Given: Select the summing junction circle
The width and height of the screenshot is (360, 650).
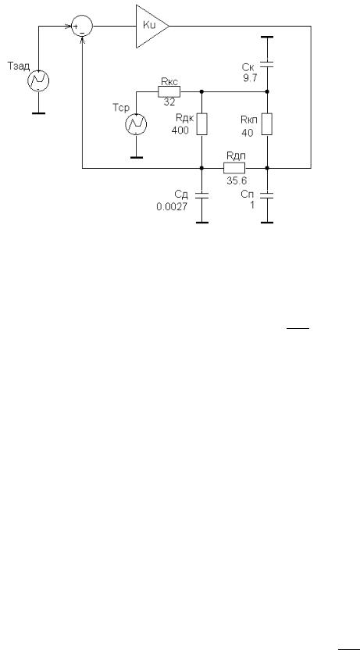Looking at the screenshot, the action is (x=83, y=26).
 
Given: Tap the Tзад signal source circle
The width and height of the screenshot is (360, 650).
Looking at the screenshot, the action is (x=38, y=80).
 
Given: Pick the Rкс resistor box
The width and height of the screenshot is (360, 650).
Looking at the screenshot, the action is (x=169, y=91).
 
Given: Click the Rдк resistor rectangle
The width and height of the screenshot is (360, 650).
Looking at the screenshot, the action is (x=201, y=124).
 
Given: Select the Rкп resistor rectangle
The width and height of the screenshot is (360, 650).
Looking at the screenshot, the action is (x=267, y=124).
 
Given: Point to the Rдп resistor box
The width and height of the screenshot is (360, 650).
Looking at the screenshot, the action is (x=234, y=168).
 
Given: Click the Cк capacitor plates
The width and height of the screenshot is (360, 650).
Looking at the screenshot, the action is (x=267, y=64).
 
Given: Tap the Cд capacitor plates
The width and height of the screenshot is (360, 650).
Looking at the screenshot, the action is (x=201, y=195).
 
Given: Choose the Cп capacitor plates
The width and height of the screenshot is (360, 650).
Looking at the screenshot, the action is (x=267, y=195).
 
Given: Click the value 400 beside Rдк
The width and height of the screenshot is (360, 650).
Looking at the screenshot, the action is (x=180, y=130).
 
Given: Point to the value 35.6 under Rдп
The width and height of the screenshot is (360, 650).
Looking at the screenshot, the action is (x=234, y=180).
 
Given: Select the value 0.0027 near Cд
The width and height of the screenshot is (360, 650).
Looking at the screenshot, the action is (x=172, y=206).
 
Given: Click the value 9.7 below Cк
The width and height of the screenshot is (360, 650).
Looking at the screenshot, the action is (x=250, y=77).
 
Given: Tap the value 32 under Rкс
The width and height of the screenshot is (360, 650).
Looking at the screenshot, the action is (x=169, y=103).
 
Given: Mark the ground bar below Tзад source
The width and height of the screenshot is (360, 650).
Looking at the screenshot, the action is (x=38, y=112).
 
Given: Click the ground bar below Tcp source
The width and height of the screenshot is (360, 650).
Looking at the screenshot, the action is (x=137, y=157).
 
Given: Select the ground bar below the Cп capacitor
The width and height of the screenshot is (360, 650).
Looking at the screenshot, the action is (x=267, y=223).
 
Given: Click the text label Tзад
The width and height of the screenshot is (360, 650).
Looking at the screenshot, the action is (x=19, y=66).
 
